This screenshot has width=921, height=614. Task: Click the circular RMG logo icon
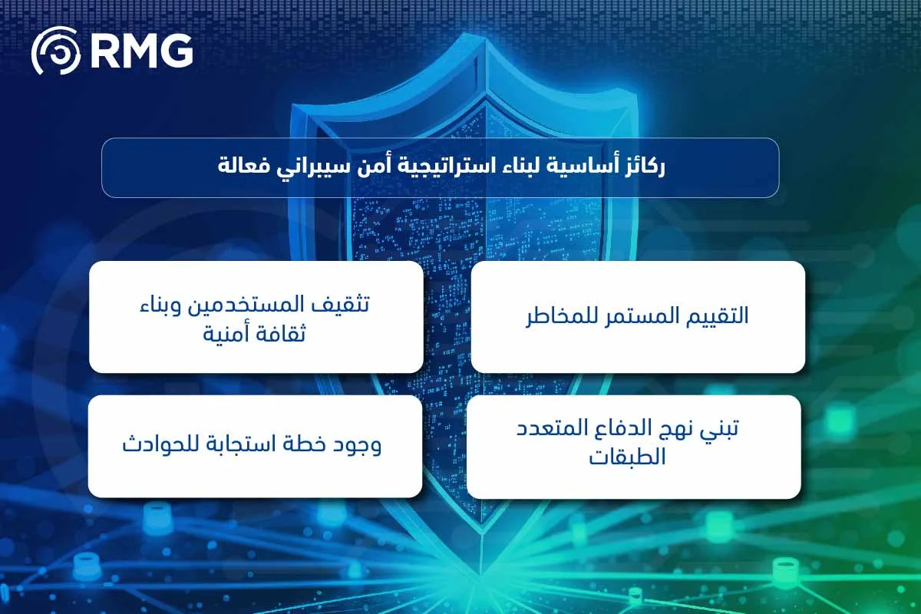tap(55, 51)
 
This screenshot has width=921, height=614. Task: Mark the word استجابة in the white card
tap(242, 445)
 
